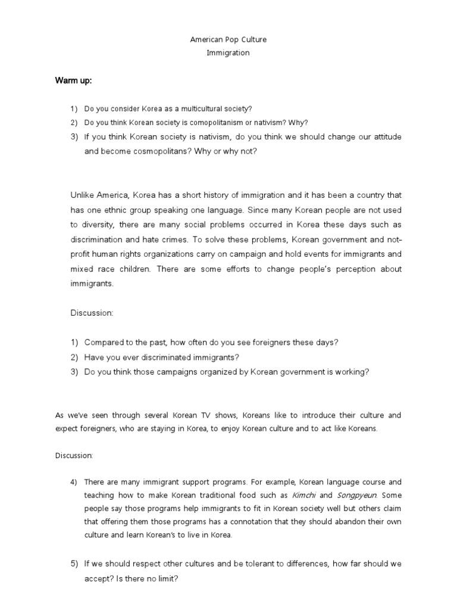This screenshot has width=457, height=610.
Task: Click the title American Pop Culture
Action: click(228, 40)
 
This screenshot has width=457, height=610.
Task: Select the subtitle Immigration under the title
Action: click(228, 52)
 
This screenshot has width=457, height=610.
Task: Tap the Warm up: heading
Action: click(73, 81)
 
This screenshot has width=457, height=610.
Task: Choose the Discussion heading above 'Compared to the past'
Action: click(92, 312)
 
